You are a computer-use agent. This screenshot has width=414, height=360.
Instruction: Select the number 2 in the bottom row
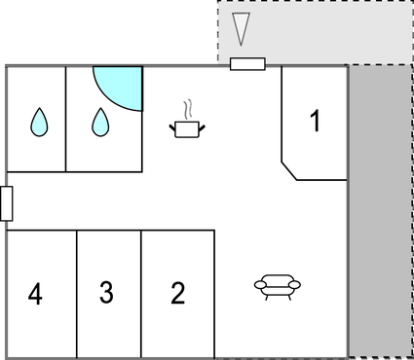(177, 293)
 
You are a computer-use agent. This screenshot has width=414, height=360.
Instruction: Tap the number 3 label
(107, 292)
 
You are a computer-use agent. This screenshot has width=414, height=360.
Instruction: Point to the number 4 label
(35, 293)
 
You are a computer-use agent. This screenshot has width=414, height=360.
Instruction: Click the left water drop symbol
(37, 122)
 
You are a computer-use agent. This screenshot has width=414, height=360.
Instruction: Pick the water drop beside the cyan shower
(99, 122)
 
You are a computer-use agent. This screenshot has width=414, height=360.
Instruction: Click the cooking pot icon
(186, 128)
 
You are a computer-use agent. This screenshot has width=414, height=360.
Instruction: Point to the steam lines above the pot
(188, 106)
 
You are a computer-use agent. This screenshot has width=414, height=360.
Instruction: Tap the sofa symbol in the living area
(277, 285)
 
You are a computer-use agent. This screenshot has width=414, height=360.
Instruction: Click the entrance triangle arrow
(243, 30)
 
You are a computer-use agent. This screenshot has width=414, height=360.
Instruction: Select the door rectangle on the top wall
(247, 64)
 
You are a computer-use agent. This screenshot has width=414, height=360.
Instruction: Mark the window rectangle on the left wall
(7, 203)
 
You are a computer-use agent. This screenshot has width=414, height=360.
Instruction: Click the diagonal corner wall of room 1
(289, 171)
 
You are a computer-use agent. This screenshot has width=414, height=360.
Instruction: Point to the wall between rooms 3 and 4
(77, 292)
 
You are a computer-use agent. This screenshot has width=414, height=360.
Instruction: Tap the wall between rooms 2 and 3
(141, 292)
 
